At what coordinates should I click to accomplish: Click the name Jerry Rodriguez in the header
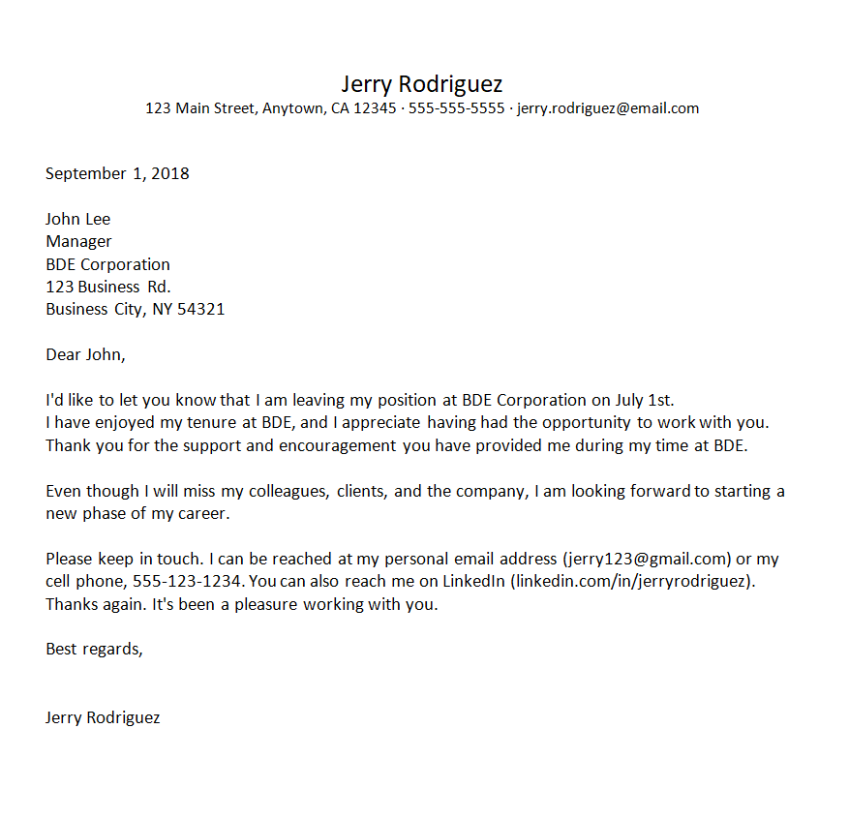[422, 83]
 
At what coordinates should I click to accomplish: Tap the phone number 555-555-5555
[456, 108]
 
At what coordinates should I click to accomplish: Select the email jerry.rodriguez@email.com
[608, 108]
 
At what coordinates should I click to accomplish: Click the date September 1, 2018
[117, 174]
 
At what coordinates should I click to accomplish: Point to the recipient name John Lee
[78, 219]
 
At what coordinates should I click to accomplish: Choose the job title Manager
[78, 241]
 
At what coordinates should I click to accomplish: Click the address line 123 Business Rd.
[108, 287]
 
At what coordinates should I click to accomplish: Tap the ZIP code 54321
[200, 309]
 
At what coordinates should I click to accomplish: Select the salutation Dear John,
[85, 354]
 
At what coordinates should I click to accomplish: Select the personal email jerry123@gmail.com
[647, 559]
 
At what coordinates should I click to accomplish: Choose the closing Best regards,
[94, 650]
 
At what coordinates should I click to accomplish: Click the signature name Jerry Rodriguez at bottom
[103, 717]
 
